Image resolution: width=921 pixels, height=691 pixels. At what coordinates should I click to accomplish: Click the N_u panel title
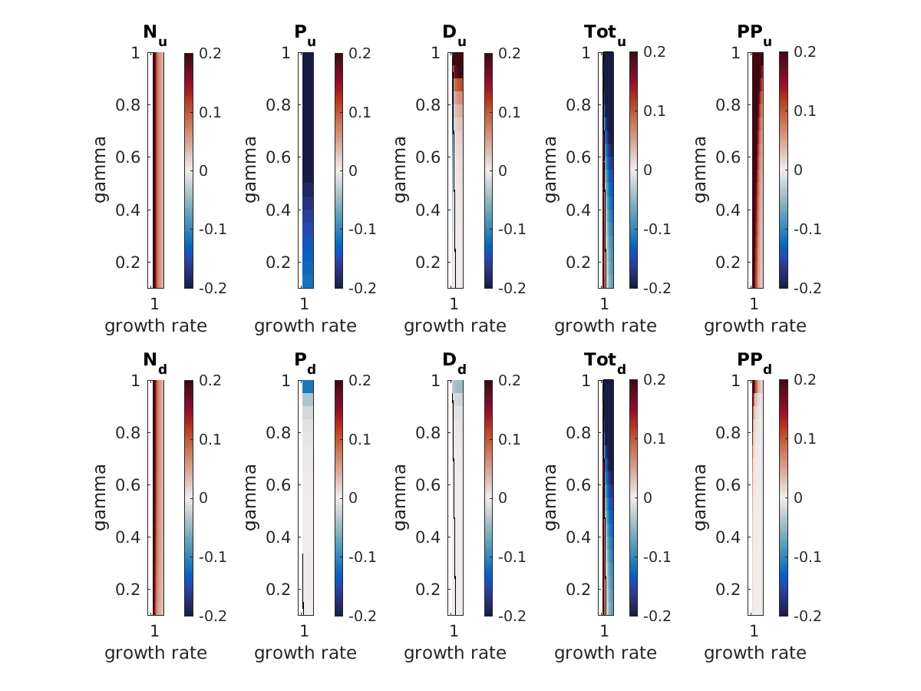[154, 35]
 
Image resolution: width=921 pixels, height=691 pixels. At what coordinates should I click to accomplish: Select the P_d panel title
[305, 362]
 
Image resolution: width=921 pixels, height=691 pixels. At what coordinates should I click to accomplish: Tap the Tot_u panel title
[606, 35]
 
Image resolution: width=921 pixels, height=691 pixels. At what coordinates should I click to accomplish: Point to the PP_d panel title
[755, 362]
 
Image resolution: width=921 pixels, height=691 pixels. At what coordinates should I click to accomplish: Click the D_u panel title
[454, 35]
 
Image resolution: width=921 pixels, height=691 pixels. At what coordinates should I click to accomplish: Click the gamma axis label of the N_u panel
[101, 170]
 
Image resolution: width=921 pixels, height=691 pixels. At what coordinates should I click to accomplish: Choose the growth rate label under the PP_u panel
[755, 326]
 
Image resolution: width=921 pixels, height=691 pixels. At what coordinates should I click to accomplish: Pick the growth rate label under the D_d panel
[455, 653]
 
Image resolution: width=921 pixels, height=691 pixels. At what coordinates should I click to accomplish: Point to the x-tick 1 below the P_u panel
[305, 303]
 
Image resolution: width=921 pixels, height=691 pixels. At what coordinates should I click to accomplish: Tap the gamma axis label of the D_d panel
[401, 497]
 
